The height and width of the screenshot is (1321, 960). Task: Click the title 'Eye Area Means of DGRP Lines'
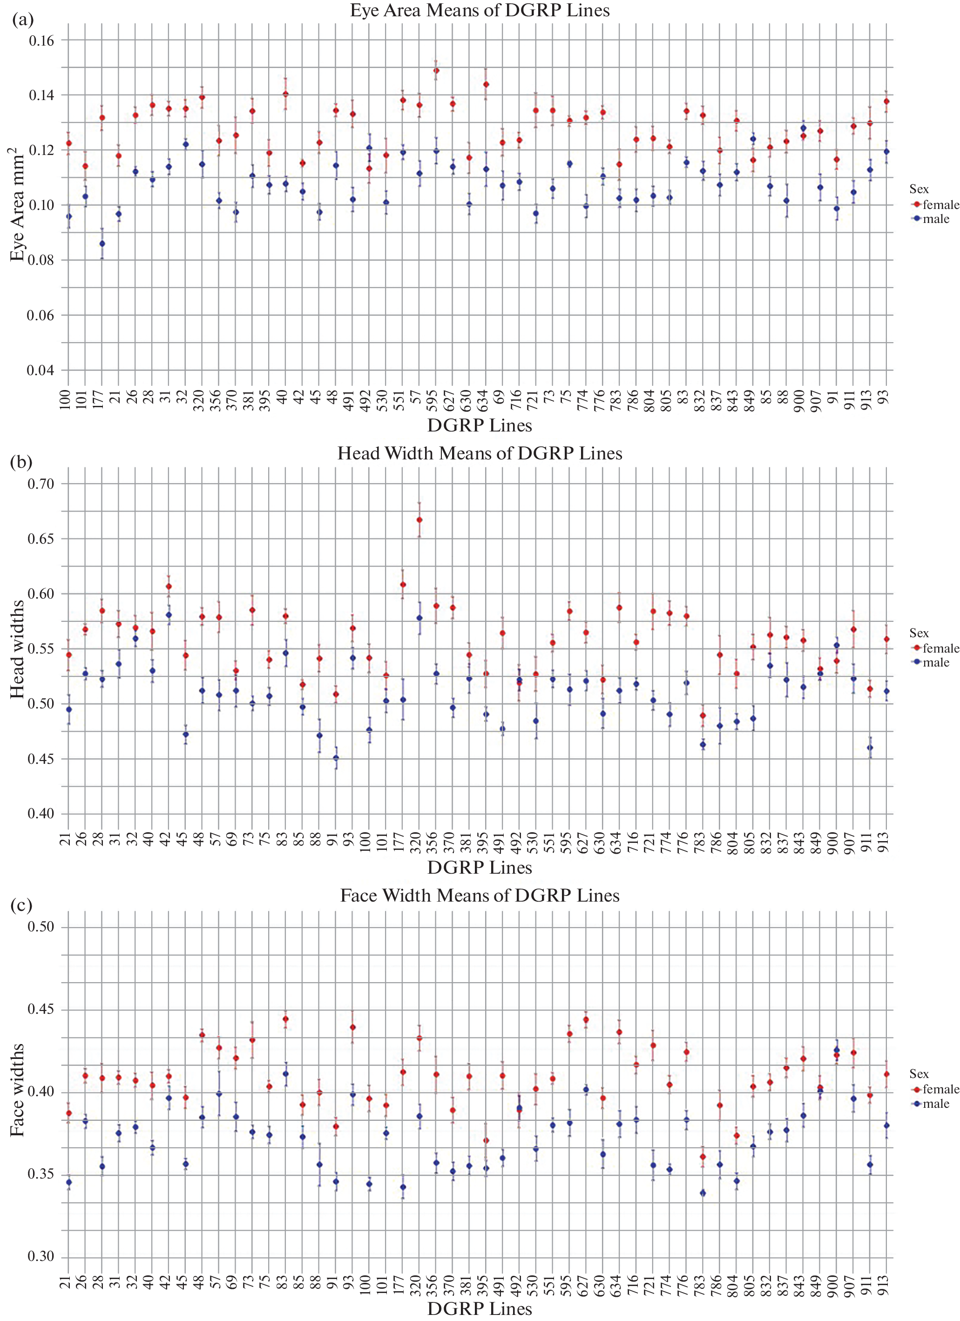[480, 11]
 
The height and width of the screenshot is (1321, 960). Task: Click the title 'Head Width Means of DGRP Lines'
[480, 453]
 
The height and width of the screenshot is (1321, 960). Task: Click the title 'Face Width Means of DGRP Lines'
[480, 895]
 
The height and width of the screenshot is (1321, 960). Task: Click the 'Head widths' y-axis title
[18, 649]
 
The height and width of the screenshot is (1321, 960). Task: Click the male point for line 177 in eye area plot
[102, 243]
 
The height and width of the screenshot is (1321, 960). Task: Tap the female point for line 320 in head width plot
[419, 519]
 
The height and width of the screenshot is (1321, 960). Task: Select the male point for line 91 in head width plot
[336, 758]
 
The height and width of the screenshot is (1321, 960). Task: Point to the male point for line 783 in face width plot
[703, 1193]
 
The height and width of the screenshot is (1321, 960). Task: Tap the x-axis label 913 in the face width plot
[884, 1284]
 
